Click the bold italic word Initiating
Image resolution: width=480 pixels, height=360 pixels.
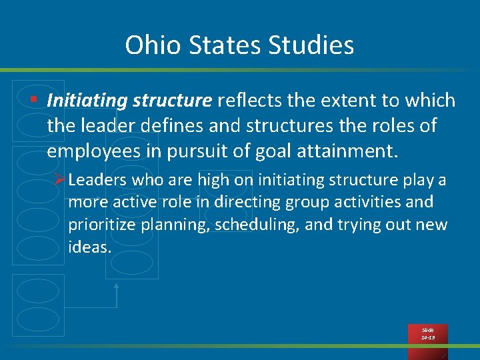click(x=87, y=101)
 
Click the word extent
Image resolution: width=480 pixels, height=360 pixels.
click(x=348, y=101)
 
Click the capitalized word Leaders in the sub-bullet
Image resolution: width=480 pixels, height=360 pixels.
click(x=97, y=180)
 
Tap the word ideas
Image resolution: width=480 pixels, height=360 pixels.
click(x=88, y=247)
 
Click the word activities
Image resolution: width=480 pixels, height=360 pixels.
click(x=375, y=202)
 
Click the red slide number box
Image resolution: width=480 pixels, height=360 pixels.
click(x=428, y=333)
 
